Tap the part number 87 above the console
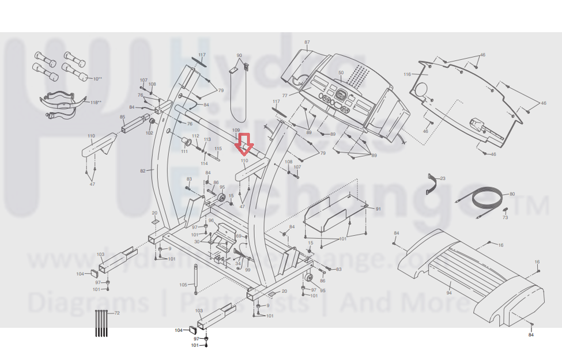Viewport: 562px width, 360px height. [x=307, y=43]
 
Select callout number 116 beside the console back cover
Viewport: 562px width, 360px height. [x=407, y=74]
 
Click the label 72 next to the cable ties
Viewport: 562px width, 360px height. [x=117, y=313]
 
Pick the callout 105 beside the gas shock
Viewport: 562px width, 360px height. [x=183, y=285]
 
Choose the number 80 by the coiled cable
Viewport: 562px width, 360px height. [x=512, y=194]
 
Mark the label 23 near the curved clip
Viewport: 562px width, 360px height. [x=443, y=179]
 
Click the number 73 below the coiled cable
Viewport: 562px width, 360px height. [x=506, y=218]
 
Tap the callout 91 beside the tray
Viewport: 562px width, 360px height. [x=378, y=209]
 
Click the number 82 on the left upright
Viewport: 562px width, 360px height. [x=143, y=170]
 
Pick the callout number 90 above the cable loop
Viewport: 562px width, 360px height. [x=239, y=55]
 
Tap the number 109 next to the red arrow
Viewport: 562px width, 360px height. [x=236, y=131]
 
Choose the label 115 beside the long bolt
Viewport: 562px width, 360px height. [x=218, y=149]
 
